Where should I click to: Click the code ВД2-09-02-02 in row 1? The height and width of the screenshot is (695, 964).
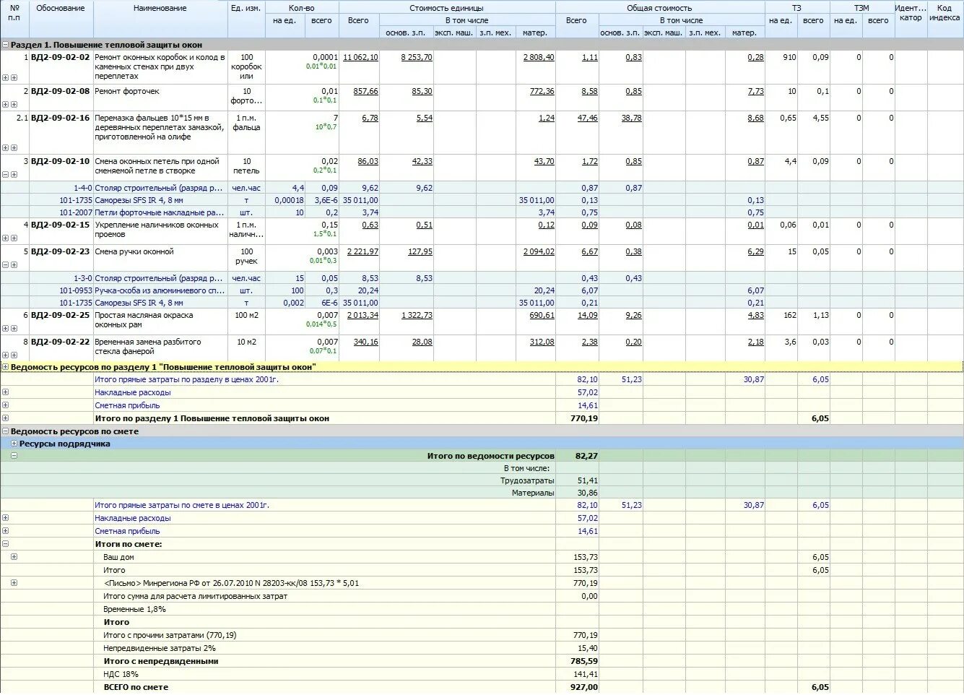coord(61,57)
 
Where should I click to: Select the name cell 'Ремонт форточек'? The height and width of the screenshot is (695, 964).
coord(127,91)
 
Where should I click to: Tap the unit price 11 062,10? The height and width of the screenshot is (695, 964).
coord(360,57)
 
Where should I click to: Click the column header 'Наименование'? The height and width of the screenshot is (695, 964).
coord(160,8)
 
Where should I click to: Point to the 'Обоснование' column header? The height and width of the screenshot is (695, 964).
coord(61,8)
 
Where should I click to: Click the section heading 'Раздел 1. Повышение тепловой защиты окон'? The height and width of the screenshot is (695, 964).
coord(106,45)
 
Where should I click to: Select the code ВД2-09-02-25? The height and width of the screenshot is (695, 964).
coord(61,315)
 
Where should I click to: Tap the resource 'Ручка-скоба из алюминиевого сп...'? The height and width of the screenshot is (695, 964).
coord(160,290)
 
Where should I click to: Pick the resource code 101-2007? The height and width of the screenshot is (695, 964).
coord(76,212)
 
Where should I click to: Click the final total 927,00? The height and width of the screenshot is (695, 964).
coord(583,687)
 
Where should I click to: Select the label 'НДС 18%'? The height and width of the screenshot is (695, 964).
coord(121,674)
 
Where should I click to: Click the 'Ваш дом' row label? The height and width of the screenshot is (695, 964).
coord(118,557)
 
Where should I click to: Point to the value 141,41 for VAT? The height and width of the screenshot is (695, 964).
coord(585,674)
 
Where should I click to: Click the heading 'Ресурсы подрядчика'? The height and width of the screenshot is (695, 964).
coord(65,444)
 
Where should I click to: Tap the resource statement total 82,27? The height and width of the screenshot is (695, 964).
coord(586,456)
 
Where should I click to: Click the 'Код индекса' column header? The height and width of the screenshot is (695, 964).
coord(945,13)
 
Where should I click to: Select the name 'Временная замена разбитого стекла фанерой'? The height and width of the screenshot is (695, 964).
coord(148,347)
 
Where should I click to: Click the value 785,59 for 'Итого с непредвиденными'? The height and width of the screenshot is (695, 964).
coord(584,661)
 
